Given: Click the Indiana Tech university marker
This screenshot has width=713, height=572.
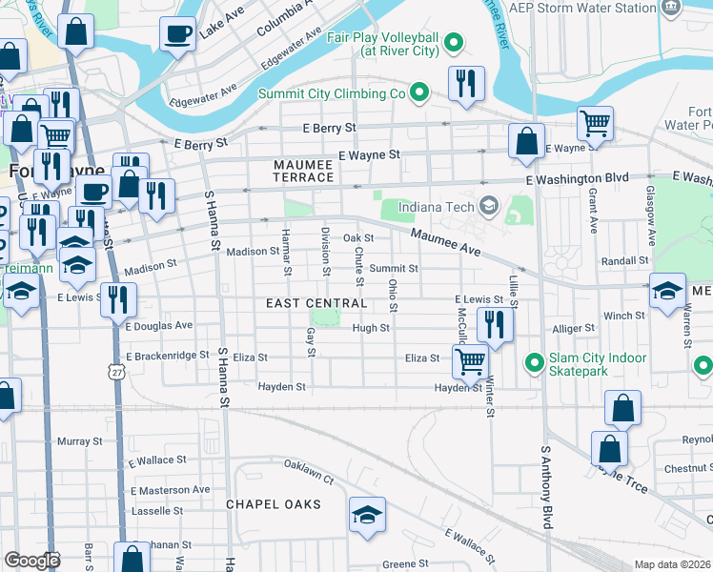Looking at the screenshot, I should tap(488, 206).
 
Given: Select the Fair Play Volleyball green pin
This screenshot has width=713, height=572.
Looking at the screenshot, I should tap(455, 44).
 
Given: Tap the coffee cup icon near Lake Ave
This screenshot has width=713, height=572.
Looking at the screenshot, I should tap(177, 35).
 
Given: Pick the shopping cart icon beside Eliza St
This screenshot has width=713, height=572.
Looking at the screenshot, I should tap(470, 361).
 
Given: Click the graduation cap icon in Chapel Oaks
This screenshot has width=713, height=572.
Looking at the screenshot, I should tap(367, 516).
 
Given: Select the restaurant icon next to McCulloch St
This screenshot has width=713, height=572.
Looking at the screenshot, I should tap(495, 324).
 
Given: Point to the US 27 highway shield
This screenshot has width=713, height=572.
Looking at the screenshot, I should tap(115, 370).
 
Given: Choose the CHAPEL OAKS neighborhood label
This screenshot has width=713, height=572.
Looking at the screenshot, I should tap(274, 503).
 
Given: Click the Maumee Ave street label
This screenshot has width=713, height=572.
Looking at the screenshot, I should tap(445, 244).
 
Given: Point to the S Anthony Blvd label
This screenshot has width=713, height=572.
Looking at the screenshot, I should tap(546, 485).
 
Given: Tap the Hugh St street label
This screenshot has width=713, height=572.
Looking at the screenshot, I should tap(371, 328).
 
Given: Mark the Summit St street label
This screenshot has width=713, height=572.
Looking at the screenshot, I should tap(394, 269).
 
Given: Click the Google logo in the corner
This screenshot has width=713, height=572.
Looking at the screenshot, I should tap(32, 560).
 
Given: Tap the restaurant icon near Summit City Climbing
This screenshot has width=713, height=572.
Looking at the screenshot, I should tap(466, 83).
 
